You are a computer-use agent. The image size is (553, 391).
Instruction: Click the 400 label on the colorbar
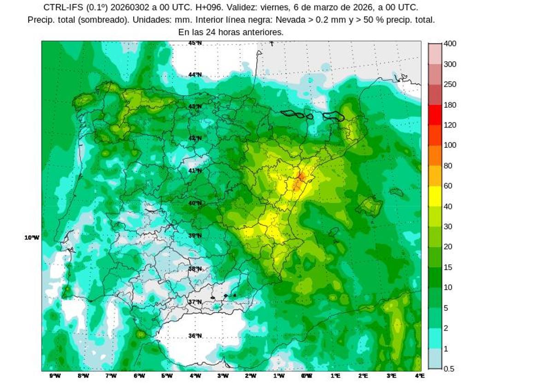(450, 44)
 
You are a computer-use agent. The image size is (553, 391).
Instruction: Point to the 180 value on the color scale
(450, 105)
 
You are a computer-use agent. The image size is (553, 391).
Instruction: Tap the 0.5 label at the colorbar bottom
(449, 369)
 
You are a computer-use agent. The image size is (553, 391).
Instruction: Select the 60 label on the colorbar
(447, 186)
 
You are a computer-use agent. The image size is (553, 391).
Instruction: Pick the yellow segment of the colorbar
(435, 196)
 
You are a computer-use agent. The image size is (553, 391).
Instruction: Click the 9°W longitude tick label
(55, 376)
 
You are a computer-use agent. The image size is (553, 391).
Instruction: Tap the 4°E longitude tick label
(419, 376)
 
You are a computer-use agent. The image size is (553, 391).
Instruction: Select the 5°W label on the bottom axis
(167, 376)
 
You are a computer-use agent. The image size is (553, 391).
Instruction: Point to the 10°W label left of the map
(32, 238)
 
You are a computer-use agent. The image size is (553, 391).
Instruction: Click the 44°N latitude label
(195, 75)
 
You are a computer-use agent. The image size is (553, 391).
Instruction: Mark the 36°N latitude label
(195, 336)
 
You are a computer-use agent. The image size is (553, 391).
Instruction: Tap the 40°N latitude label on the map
(195, 203)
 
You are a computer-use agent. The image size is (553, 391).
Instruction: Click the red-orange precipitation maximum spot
(300, 178)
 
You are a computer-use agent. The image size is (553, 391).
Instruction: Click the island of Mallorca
(369, 205)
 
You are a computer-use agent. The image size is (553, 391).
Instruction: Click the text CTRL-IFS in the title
(63, 7)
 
